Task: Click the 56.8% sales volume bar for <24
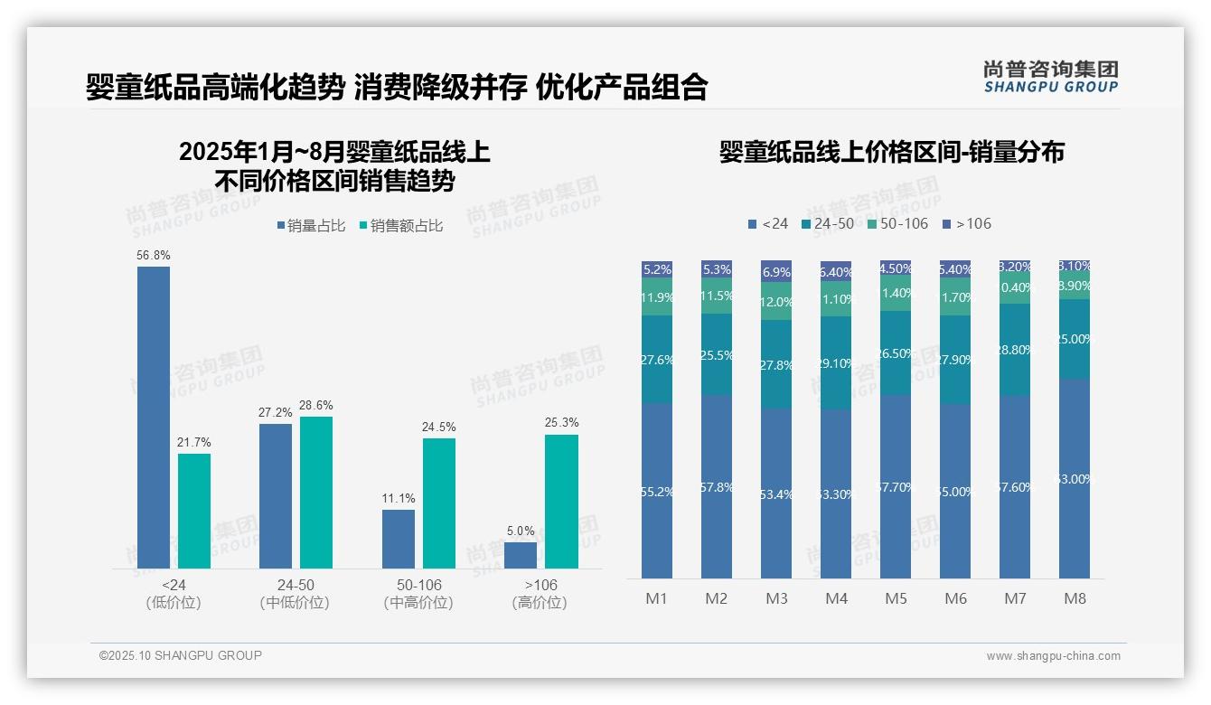click(x=154, y=417)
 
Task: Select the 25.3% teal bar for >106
click(x=561, y=501)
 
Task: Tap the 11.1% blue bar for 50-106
click(x=399, y=539)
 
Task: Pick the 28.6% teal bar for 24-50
click(x=316, y=492)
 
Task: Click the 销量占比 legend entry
click(x=311, y=226)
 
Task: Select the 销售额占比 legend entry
click(x=400, y=226)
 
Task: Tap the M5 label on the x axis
click(x=896, y=598)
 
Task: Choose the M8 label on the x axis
click(x=1075, y=598)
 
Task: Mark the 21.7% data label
click(x=194, y=442)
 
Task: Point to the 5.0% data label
click(x=521, y=531)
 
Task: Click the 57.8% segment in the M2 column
click(x=717, y=486)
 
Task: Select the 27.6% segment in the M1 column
click(x=657, y=359)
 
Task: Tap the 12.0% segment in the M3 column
click(x=776, y=302)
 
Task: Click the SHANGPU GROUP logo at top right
click(x=1050, y=77)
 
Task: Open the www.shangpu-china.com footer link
click(x=1053, y=656)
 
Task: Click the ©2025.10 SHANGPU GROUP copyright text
click(x=181, y=655)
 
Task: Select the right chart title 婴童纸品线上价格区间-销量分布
click(x=891, y=152)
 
